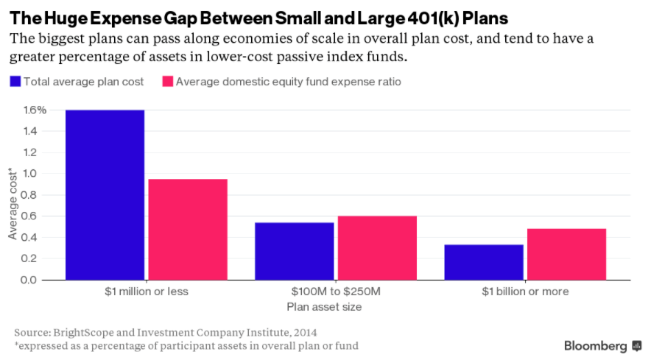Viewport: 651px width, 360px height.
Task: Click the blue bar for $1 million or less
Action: point(104,195)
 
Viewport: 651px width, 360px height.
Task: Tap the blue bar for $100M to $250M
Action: point(293,251)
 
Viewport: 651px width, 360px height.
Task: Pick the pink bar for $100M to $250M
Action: point(376,248)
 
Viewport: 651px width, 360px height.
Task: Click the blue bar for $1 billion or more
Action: point(483,262)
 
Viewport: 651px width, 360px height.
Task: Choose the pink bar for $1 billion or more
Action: point(566,254)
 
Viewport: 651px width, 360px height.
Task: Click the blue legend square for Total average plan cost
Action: point(14,82)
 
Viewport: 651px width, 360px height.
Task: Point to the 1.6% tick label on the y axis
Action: point(34,110)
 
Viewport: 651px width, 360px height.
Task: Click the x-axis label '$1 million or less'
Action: point(147,292)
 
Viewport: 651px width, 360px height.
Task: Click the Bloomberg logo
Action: point(597,345)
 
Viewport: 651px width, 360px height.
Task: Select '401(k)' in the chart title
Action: point(433,17)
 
